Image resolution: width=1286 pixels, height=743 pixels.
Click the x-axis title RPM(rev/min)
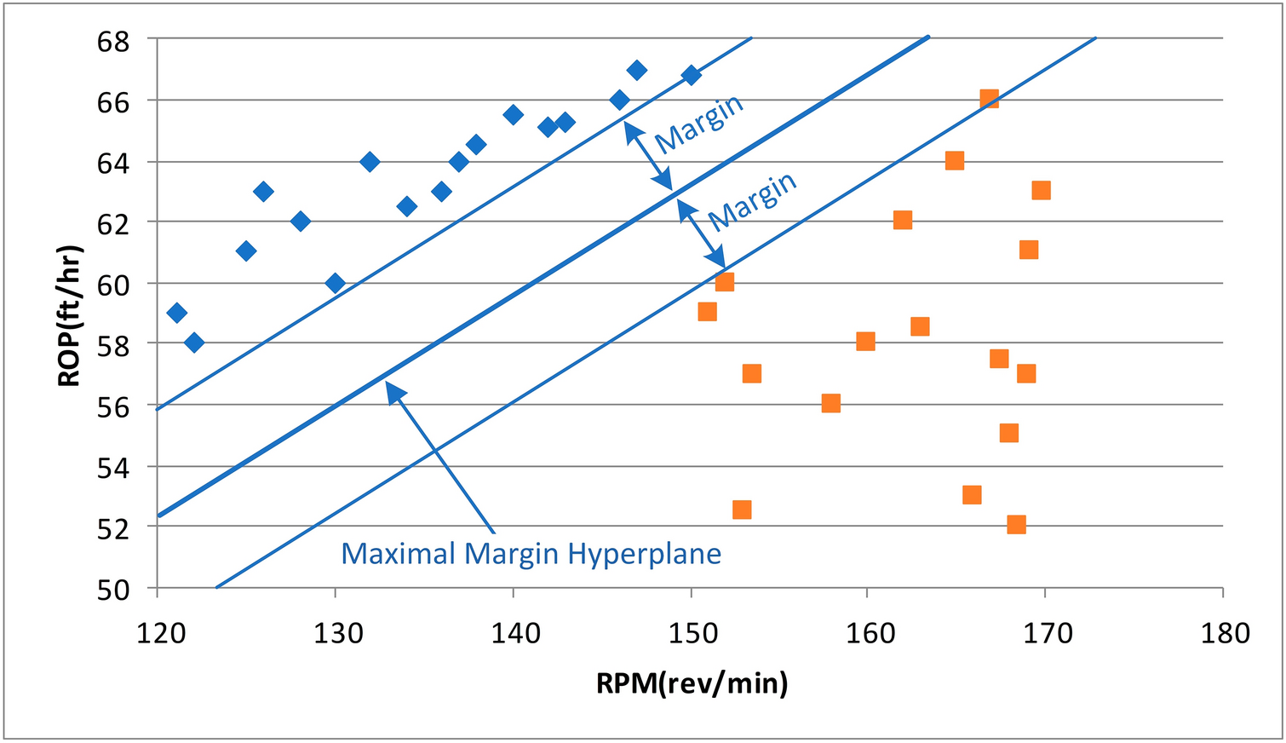(x=692, y=683)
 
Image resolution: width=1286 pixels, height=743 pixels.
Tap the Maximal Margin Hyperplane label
(x=531, y=554)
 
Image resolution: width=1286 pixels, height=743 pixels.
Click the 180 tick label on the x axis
(x=1222, y=633)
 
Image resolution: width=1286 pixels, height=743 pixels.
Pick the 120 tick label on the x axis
(x=158, y=633)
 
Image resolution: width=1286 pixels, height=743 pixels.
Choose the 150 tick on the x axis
(x=691, y=633)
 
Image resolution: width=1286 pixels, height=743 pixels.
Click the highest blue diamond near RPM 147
(x=636, y=70)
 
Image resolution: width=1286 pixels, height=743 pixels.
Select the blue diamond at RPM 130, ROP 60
(x=336, y=283)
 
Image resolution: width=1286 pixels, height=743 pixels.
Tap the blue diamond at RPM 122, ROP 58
(x=194, y=343)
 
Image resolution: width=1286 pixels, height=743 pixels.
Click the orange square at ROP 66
(x=989, y=99)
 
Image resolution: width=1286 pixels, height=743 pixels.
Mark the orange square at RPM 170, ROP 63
(x=1041, y=190)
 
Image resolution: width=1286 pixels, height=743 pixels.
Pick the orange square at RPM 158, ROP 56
(x=831, y=403)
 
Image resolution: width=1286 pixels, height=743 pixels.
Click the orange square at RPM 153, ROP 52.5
(x=742, y=510)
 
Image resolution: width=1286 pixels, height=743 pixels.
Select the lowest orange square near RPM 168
(x=1016, y=524)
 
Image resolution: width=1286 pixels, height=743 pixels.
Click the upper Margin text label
(x=700, y=124)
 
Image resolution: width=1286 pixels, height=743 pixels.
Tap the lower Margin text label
(x=752, y=201)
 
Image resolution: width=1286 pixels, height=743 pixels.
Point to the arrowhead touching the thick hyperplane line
(x=393, y=389)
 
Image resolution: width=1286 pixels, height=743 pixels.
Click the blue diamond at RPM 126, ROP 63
(x=264, y=191)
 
